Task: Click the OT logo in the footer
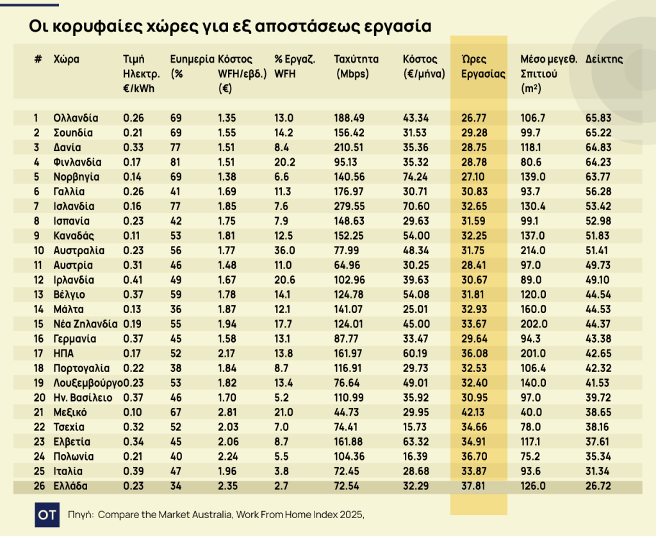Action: tap(47, 514)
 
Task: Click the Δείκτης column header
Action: tap(604, 60)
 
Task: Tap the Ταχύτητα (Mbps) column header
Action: tap(356, 66)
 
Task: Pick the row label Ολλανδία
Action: tap(76, 118)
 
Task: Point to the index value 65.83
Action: tap(598, 118)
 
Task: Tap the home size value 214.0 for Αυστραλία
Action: tap(534, 250)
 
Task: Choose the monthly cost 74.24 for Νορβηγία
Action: tap(416, 177)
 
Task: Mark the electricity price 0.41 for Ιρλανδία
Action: tap(133, 280)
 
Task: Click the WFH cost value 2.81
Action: tap(227, 412)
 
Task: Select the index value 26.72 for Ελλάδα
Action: tap(598, 486)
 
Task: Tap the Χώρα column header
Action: tap(67, 60)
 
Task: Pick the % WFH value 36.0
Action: tap(284, 250)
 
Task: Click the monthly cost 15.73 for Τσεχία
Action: tap(416, 427)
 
